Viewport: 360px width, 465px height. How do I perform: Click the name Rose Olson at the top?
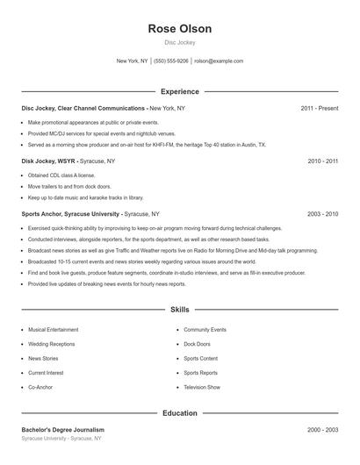click(180, 29)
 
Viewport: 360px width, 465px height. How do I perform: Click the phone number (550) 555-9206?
click(171, 61)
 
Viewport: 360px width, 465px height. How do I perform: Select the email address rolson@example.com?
click(219, 61)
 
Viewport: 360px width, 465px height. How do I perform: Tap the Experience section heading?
click(180, 91)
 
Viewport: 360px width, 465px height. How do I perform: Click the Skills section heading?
click(180, 310)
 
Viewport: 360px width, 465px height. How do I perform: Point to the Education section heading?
click(180, 412)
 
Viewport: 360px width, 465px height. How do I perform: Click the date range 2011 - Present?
click(319, 108)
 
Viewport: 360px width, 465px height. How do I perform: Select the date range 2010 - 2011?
click(322, 161)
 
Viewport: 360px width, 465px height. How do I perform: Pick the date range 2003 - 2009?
click(322, 213)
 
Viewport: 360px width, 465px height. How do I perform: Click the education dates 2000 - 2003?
click(322, 430)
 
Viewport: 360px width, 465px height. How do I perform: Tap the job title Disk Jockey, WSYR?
click(49, 161)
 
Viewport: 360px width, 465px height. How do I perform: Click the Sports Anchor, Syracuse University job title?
click(71, 213)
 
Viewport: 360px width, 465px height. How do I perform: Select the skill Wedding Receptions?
click(52, 344)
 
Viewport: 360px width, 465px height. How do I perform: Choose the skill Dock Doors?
click(197, 344)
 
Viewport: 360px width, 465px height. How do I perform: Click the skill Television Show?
click(202, 386)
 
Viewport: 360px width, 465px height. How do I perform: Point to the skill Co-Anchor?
click(41, 386)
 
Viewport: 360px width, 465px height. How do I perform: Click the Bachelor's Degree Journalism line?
click(63, 430)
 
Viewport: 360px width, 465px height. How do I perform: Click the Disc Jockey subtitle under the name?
click(180, 42)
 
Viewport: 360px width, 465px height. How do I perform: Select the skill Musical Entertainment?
click(53, 330)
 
